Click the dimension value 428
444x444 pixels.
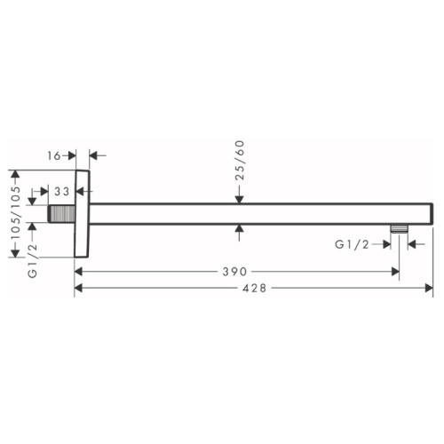pos(254,288)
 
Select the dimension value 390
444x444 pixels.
pos(234,272)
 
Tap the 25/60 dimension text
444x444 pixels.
pos(240,160)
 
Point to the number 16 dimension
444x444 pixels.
pos(54,155)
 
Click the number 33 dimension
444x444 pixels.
pos(61,192)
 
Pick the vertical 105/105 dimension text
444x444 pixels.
pos(16,212)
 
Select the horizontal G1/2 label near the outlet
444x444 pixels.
pos(352,244)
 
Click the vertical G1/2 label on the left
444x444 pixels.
pos(32,260)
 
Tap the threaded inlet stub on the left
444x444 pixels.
pos(61,214)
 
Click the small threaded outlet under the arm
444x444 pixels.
pos(399,229)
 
